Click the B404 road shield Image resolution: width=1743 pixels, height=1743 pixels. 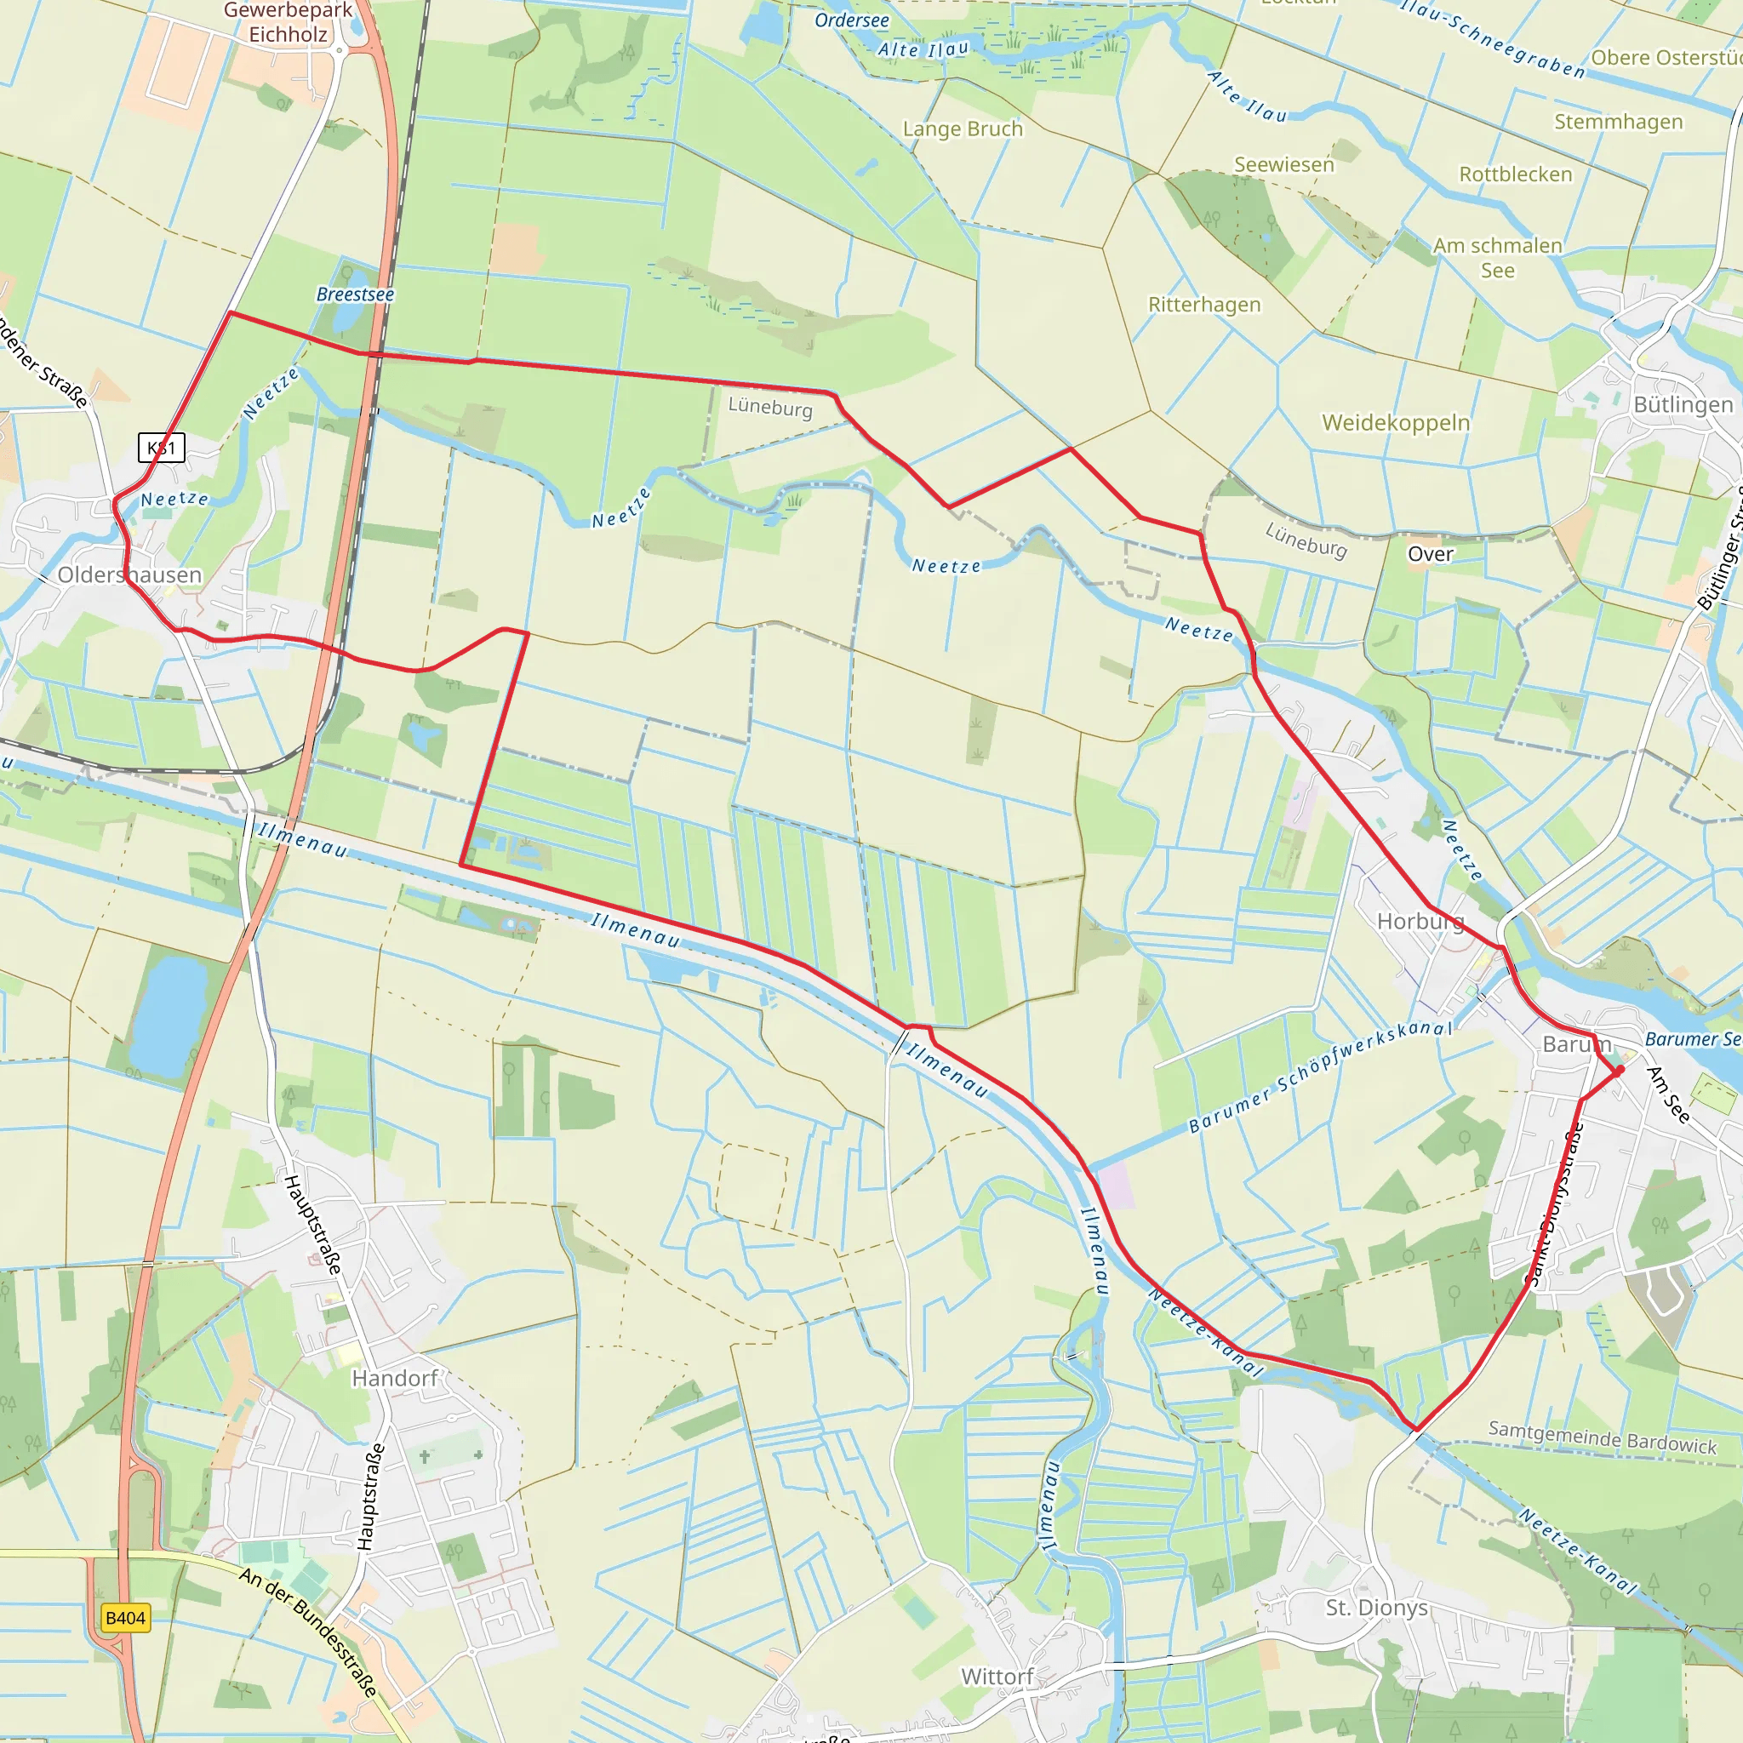[x=125, y=1618]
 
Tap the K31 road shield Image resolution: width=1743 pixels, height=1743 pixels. [x=162, y=448]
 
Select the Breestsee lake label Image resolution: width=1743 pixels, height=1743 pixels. [x=355, y=294]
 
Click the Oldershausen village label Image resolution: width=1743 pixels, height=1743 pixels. [x=130, y=574]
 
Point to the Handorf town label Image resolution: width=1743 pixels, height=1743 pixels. [x=394, y=1378]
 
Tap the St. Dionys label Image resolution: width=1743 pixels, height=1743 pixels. [x=1376, y=1607]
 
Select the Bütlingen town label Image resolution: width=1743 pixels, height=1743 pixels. [x=1683, y=404]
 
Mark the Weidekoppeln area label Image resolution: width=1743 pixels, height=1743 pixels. [x=1396, y=422]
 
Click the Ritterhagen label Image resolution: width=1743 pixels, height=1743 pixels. [x=1203, y=305]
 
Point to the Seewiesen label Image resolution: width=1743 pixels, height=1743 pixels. [x=1283, y=164]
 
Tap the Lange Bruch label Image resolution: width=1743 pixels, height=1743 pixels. [x=963, y=129]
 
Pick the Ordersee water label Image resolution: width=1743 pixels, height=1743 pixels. [x=851, y=20]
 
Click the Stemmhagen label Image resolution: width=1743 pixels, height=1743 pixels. [x=1618, y=122]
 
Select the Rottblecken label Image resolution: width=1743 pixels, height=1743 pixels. [x=1516, y=174]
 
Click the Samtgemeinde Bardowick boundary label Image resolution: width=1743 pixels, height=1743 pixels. [x=1602, y=1436]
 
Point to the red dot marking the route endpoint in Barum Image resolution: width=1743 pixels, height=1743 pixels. [x=1620, y=1070]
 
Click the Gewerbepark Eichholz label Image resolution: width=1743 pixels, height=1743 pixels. [x=288, y=23]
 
